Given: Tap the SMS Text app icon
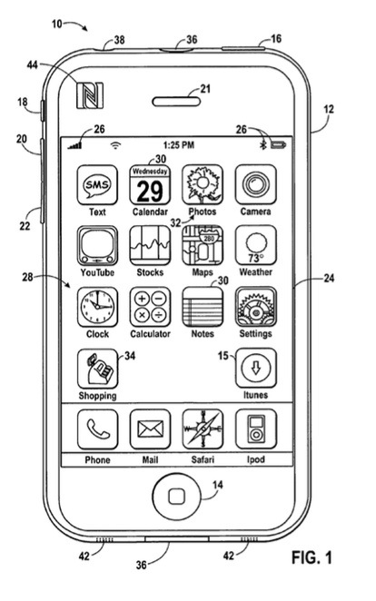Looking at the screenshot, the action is (97, 184).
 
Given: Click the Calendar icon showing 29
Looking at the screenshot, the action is (150, 184).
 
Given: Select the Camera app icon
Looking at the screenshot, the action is (255, 184).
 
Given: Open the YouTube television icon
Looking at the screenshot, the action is (97, 246).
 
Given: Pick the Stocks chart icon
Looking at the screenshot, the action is (150, 246).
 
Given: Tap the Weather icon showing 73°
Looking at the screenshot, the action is (255, 246).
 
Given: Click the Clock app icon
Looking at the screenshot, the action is (97, 307).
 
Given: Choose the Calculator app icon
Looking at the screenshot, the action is (150, 307).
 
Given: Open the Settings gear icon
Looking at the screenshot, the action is (255, 307).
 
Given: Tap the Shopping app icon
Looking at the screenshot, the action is (97, 369).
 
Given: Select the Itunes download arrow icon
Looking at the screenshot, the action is (255, 369).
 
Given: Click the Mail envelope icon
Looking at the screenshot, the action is (150, 429).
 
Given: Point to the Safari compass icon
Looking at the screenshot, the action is (203, 429).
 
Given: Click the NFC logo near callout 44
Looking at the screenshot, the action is (90, 95).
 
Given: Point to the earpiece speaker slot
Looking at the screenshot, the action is (176, 102).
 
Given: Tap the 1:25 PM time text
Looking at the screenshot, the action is (179, 145).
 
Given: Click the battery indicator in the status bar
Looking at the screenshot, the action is (278, 145).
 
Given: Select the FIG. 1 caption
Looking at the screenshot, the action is (312, 557).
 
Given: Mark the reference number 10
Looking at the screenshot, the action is (56, 25).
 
